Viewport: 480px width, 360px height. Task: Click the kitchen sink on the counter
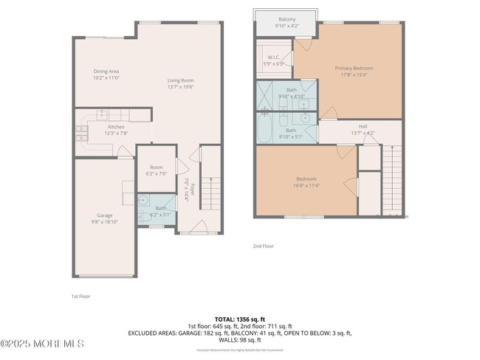tap(102, 114)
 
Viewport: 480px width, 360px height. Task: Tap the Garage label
tap(103, 215)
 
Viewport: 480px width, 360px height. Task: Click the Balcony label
tap(287, 18)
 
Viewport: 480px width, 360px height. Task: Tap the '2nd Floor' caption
tap(263, 246)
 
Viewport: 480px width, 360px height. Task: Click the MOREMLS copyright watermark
tap(42, 343)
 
